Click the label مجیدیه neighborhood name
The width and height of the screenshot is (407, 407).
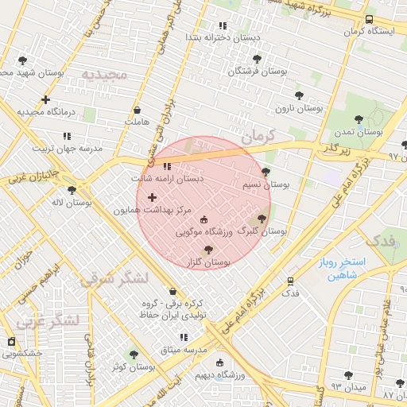(103, 75)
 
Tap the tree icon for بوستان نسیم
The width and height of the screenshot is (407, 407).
(266, 172)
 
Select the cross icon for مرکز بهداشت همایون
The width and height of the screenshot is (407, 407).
(152, 196)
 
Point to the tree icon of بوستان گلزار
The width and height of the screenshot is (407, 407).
(208, 250)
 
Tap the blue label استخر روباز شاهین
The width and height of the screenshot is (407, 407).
(339, 268)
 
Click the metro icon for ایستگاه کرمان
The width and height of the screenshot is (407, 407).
(369, 20)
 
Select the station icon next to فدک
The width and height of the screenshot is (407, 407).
(290, 281)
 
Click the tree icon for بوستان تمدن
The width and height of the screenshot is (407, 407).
(359, 119)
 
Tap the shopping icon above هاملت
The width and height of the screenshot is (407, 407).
(137, 110)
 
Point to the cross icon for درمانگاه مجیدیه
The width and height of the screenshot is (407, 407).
(45, 100)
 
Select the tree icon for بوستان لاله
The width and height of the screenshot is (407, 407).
(72, 191)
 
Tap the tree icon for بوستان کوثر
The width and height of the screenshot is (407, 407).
(133, 355)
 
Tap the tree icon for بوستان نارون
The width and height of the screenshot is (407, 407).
(299, 96)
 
